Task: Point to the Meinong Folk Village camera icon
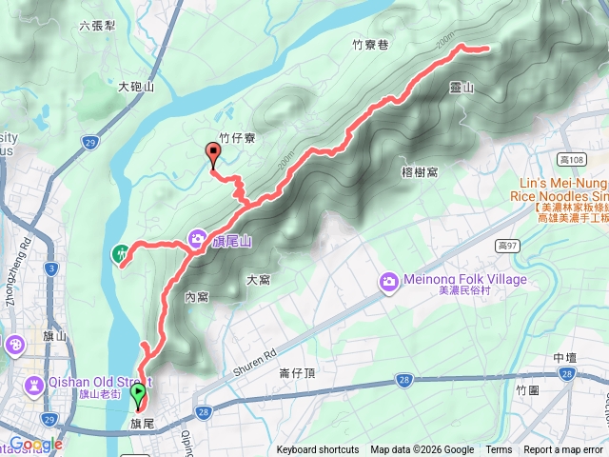point(388,281)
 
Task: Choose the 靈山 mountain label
point(462,87)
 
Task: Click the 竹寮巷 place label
point(370,43)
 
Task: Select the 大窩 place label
point(258,280)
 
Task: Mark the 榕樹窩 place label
point(420,171)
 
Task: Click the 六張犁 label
point(98,26)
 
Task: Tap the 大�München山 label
point(136,87)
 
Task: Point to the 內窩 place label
point(196,297)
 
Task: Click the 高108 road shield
point(572,159)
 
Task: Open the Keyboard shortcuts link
point(318,450)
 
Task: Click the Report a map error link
point(563,450)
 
